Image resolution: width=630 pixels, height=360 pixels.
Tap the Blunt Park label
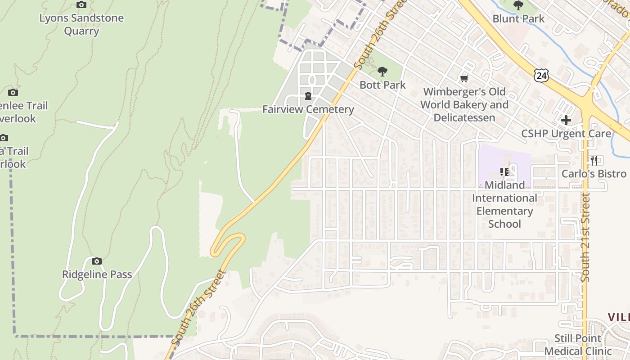click(x=518, y=19)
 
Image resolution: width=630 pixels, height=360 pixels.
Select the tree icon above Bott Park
click(x=382, y=71)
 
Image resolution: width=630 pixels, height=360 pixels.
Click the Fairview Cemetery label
click(x=308, y=109)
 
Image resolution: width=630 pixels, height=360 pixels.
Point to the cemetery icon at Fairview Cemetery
click(x=308, y=96)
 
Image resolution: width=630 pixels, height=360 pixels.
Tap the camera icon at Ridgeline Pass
click(x=96, y=261)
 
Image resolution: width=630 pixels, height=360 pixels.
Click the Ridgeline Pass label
click(x=97, y=274)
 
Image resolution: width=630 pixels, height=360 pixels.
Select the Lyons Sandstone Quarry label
click(x=81, y=25)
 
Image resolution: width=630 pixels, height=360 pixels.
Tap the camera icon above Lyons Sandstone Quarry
click(x=81, y=5)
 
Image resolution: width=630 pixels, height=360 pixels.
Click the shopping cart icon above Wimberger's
click(x=464, y=79)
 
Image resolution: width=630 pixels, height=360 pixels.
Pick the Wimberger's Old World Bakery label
click(x=464, y=105)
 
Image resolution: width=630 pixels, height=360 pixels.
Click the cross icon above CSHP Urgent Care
click(x=566, y=120)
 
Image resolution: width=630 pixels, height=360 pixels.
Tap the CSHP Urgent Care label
click(x=566, y=134)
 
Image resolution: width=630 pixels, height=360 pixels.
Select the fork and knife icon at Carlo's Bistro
click(x=594, y=160)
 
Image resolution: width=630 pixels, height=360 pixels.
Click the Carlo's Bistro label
click(x=594, y=174)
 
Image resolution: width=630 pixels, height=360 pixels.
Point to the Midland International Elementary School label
click(x=504, y=204)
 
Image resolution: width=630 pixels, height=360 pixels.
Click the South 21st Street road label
click(x=585, y=237)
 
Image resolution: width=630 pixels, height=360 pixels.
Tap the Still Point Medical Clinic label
click(x=578, y=345)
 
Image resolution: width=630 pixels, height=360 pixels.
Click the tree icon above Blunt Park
click(x=518, y=5)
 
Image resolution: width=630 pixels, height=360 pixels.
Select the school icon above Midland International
click(x=504, y=171)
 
